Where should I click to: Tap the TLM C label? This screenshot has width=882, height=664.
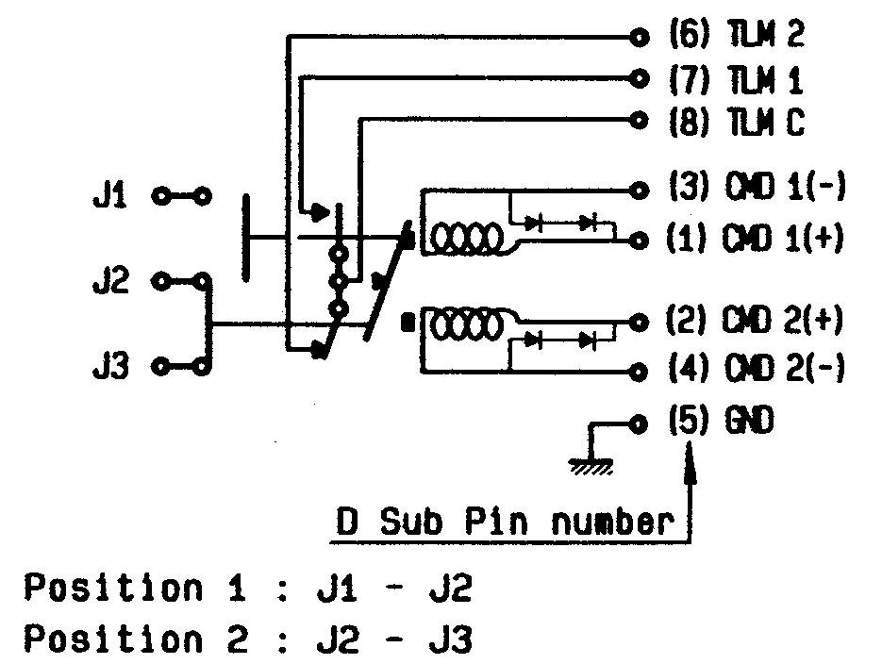tap(765, 124)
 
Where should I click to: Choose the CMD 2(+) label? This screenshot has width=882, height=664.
tap(785, 321)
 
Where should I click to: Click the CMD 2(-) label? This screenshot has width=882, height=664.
tap(785, 367)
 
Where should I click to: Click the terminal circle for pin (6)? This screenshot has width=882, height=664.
tap(640, 38)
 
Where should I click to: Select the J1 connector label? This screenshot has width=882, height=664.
tap(113, 197)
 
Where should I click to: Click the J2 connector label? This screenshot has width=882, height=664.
tap(113, 280)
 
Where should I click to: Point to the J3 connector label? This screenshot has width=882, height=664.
tap(113, 365)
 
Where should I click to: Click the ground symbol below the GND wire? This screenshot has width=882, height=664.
tap(590, 464)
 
